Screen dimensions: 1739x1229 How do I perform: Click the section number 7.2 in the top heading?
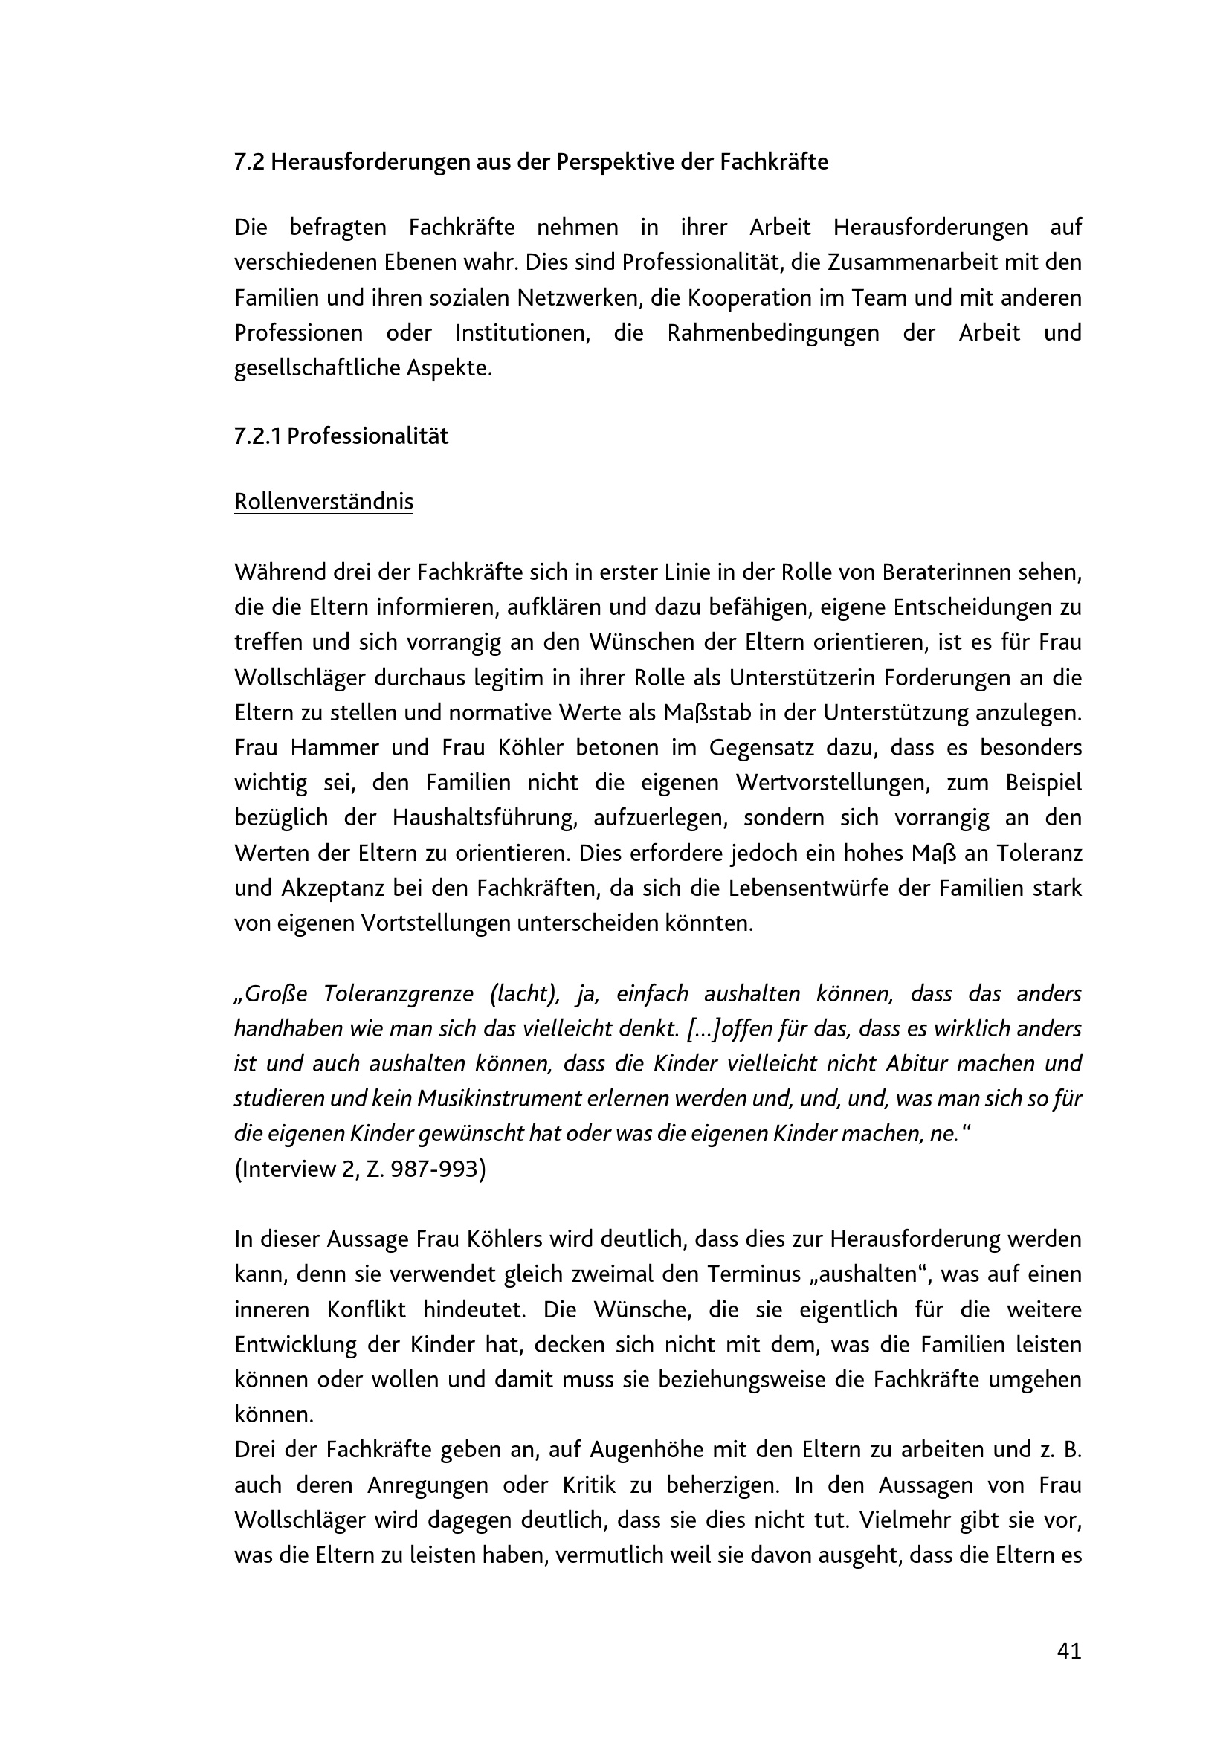(248, 162)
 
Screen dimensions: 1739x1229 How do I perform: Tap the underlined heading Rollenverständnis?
(323, 501)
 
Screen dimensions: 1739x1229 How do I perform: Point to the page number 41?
(1068, 1651)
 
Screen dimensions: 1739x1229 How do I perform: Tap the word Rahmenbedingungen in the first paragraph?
(772, 333)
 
